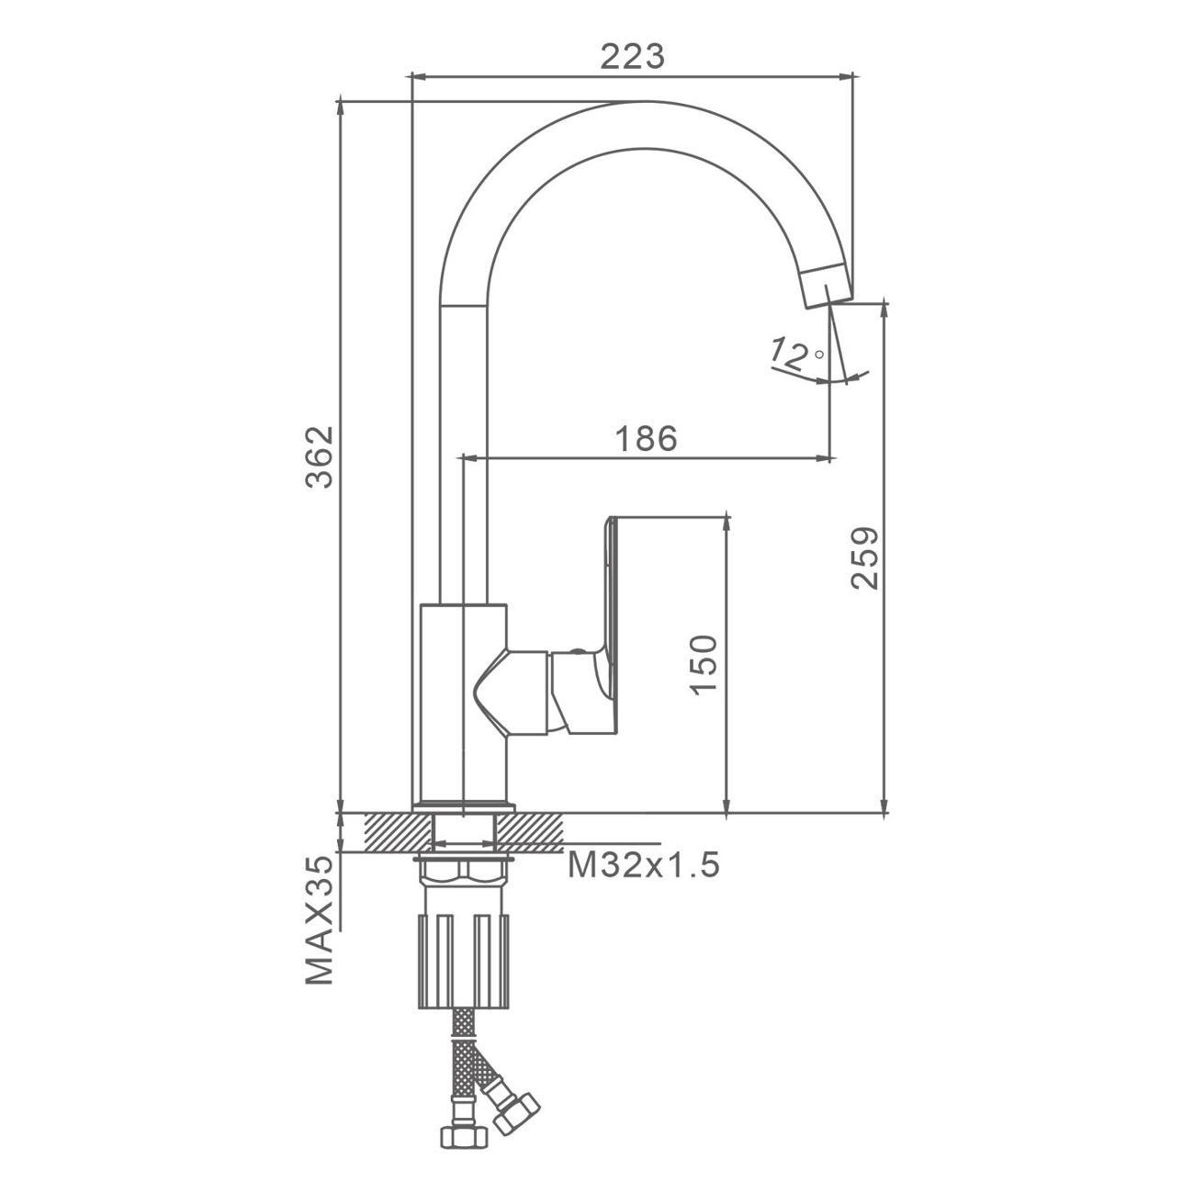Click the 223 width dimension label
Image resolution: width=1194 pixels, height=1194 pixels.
633,57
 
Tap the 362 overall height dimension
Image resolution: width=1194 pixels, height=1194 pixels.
321,457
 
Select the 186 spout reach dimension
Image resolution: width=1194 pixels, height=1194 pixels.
646,439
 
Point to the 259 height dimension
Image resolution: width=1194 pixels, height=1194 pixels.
864,558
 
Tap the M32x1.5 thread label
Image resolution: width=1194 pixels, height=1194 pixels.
643,864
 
